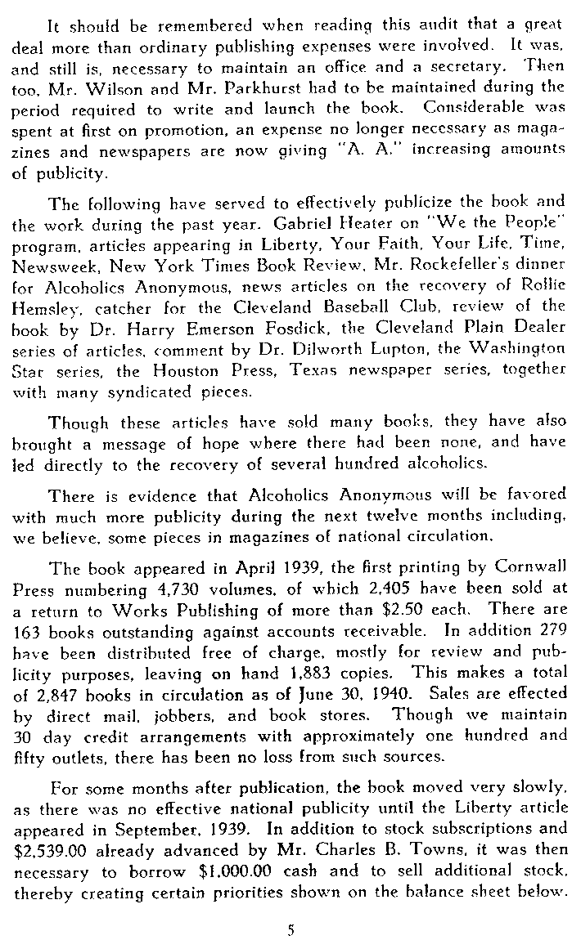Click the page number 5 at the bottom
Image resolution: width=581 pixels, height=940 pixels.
(290, 906)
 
